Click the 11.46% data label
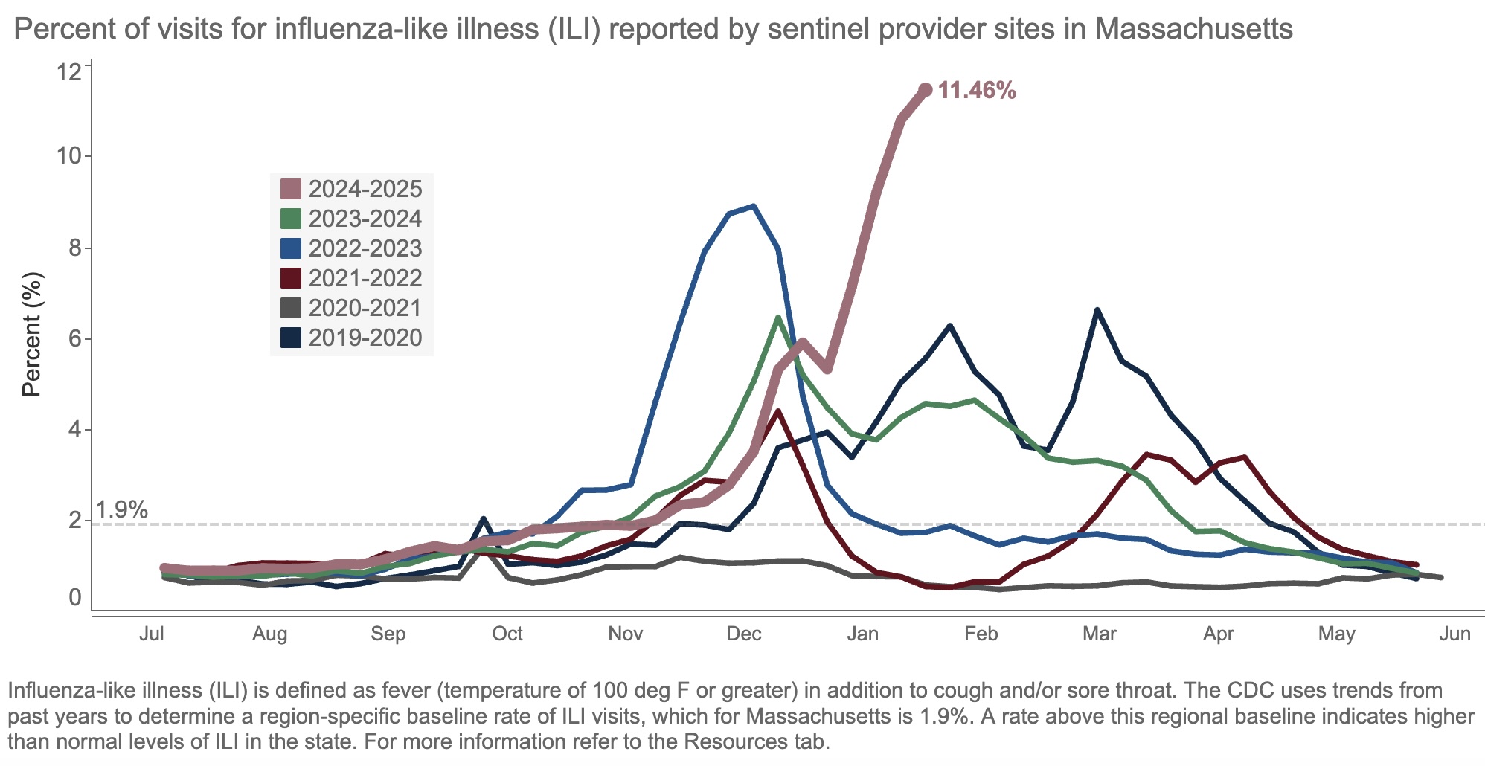(x=976, y=91)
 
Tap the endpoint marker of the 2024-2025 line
(x=926, y=89)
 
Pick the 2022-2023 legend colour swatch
(x=291, y=248)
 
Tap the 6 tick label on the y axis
(x=74, y=339)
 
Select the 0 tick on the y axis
(x=74, y=597)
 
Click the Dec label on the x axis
(x=744, y=634)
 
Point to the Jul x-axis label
(x=152, y=634)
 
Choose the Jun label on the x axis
(x=1454, y=634)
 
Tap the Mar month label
(x=1099, y=634)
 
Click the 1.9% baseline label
(x=122, y=510)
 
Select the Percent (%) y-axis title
(x=31, y=335)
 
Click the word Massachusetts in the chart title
(x=1193, y=30)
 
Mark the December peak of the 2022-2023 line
(x=754, y=206)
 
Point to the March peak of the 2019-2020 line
(x=1097, y=310)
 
